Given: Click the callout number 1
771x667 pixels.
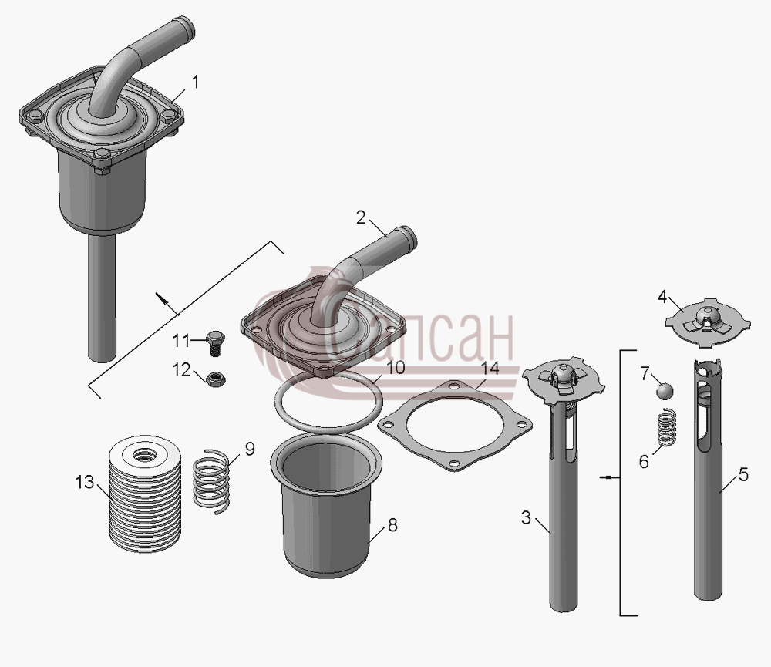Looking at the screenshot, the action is (196, 83).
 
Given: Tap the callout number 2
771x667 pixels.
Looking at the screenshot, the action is (362, 217).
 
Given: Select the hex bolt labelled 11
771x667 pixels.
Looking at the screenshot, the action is (215, 343).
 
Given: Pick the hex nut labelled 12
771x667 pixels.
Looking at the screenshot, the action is (215, 379).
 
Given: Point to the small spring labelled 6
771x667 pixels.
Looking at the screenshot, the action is (667, 427).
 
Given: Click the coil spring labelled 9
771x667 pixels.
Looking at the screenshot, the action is (211, 482).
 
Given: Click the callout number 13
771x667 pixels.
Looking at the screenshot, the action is (84, 482).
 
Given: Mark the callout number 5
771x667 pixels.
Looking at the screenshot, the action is (743, 475).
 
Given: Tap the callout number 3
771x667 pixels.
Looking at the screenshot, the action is (526, 517).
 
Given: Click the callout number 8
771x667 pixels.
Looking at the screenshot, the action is (392, 525).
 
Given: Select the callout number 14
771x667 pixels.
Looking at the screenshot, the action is (490, 368).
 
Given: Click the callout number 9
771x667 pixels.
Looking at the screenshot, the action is (250, 449).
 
